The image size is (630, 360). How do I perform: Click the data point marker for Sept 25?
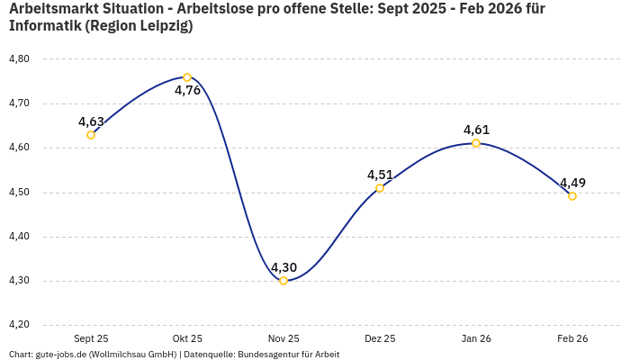pyautogui.click(x=91, y=135)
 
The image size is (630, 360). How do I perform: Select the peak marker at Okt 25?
pyautogui.click(x=187, y=77)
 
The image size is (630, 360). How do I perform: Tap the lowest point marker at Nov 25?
pyautogui.click(x=283, y=281)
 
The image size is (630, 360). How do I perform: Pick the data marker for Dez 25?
pyautogui.click(x=380, y=188)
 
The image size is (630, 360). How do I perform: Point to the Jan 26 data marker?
pyautogui.click(x=476, y=143)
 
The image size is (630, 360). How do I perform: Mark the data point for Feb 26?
pyautogui.click(x=572, y=196)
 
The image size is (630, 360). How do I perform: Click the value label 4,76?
pyautogui.click(x=187, y=91)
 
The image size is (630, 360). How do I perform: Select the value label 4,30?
pyautogui.click(x=283, y=267)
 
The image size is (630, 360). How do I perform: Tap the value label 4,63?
pyautogui.click(x=91, y=121)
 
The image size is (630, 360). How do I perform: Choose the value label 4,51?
pyautogui.click(x=380, y=175)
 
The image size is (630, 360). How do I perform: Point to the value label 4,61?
pyautogui.click(x=476, y=130)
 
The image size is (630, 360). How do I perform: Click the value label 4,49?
pyautogui.click(x=572, y=183)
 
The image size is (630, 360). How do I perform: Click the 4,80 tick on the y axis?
pyautogui.click(x=19, y=59)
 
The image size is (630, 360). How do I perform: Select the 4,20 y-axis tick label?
pyautogui.click(x=19, y=325)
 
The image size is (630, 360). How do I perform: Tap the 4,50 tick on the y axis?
pyautogui.click(x=19, y=193)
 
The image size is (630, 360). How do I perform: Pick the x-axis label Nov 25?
pyautogui.click(x=283, y=338)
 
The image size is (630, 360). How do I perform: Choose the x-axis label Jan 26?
pyautogui.click(x=476, y=338)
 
